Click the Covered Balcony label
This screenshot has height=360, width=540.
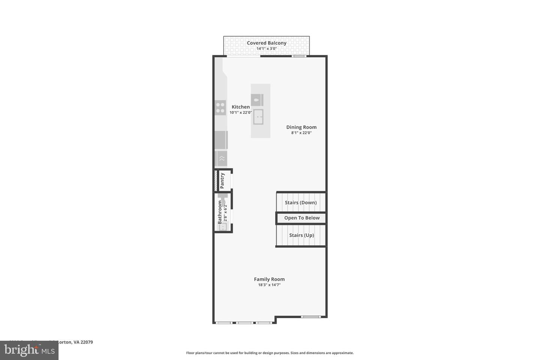click(266, 43)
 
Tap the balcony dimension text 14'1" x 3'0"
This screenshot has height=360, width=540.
click(266, 49)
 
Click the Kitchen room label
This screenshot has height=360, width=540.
click(240, 107)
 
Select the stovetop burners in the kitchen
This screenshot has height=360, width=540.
click(220, 108)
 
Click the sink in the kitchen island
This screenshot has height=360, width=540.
click(258, 117)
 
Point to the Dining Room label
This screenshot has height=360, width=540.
click(301, 127)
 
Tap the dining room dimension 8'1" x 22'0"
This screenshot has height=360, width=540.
click(301, 133)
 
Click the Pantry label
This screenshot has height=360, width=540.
click(222, 180)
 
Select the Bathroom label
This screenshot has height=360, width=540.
click(220, 212)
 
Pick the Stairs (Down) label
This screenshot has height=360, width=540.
click(300, 202)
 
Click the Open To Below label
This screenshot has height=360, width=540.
click(302, 218)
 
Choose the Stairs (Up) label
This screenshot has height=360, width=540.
click(301, 235)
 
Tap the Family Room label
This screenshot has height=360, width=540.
click(269, 279)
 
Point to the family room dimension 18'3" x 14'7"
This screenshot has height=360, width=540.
click(269, 285)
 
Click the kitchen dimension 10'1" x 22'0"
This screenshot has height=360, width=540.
click(240, 112)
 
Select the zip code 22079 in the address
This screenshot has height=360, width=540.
click(87, 342)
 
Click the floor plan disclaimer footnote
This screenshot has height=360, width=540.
click(270, 353)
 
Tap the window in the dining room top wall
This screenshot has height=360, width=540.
click(299, 56)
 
